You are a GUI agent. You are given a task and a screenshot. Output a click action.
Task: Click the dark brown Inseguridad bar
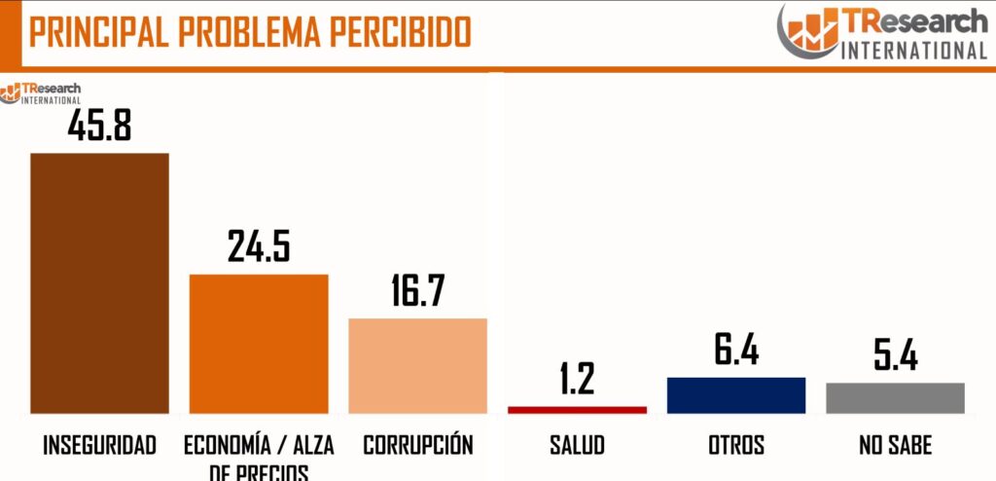[x=99, y=282]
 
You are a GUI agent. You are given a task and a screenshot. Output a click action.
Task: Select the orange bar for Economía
[x=259, y=343]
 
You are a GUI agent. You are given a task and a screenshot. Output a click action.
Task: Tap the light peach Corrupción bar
[x=417, y=365]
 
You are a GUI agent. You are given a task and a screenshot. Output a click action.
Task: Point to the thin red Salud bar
[x=577, y=410]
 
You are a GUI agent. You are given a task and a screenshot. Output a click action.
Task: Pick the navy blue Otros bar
[x=736, y=394]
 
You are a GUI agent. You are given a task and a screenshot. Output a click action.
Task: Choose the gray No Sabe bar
[x=895, y=397]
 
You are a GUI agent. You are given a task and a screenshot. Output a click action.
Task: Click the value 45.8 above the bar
[x=99, y=125]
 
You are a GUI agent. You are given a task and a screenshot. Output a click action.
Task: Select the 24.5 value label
[x=259, y=246]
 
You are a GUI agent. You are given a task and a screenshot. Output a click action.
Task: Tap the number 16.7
[x=418, y=291]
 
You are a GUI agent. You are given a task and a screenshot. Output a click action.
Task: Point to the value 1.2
[x=577, y=379]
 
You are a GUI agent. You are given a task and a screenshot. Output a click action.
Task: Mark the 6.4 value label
[x=736, y=349]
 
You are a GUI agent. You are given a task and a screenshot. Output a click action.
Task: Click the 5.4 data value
[x=895, y=354]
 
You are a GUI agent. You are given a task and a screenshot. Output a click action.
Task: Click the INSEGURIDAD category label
[x=99, y=446]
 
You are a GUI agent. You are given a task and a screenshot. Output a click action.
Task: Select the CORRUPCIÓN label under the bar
[x=418, y=445]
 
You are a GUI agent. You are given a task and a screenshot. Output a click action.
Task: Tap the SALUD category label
[x=577, y=446]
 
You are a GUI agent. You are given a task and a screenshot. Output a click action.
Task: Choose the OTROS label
[x=736, y=446]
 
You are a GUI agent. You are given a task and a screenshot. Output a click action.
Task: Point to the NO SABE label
[x=895, y=446]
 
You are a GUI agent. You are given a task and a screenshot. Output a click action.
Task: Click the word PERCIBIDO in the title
[x=402, y=31]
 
